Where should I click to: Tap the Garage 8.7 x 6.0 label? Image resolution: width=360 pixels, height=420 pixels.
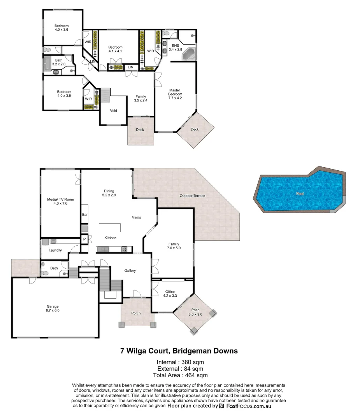tap(53, 308)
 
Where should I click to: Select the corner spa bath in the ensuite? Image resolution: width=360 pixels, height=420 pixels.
tap(189, 54)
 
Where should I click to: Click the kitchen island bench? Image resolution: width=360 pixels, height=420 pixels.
tap(109, 227)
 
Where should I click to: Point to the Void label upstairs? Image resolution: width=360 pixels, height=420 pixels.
tap(113, 111)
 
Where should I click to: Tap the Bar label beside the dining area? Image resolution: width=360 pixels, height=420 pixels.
tap(84, 215)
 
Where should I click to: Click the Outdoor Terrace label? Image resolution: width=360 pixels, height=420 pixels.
tap(192, 196)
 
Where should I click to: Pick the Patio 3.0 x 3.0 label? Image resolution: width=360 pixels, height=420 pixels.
tap(195, 312)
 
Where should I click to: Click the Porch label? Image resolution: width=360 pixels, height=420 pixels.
tap(136, 313)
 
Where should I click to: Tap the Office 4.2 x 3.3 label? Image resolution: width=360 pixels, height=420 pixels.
tap(170, 294)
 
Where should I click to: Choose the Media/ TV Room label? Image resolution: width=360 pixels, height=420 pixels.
tap(60, 201)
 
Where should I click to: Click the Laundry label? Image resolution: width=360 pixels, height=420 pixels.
tap(55, 250)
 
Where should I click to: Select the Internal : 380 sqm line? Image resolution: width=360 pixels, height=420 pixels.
tap(179, 362)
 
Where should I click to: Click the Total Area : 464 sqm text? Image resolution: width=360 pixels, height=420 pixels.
tap(179, 375)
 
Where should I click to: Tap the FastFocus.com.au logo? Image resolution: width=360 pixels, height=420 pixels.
tap(245, 406)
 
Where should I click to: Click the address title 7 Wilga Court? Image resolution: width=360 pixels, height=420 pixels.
tap(179, 351)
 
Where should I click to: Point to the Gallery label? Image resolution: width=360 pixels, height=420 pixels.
tap(130, 271)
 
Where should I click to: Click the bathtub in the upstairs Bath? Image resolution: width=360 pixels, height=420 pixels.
tap(48, 63)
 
